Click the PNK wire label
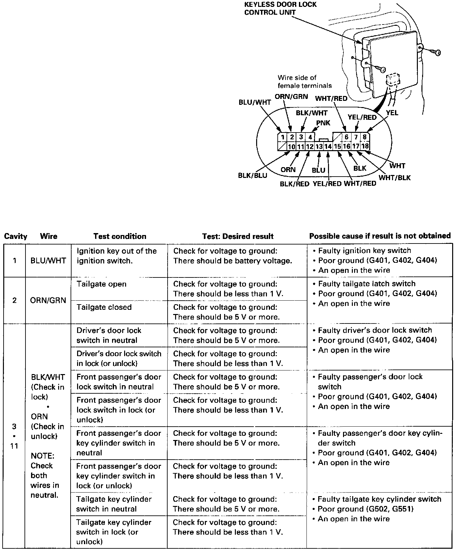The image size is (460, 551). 323,123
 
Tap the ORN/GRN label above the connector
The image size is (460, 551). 291,96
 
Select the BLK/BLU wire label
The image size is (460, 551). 253,175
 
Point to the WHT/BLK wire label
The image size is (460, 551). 394,178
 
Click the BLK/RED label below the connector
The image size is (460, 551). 294,184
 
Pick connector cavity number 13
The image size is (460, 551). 319,147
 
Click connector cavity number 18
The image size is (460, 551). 365,147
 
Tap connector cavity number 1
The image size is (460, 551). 283,137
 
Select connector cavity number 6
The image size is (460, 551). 346,137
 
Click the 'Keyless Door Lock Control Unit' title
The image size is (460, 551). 280,8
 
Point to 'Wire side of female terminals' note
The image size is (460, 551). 304,82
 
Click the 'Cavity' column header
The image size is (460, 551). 15,236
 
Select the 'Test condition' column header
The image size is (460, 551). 120,236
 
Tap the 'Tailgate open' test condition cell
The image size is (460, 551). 101,284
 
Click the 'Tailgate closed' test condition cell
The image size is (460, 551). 104,307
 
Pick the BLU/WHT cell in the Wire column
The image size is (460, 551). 48,261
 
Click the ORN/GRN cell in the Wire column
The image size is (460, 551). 48,300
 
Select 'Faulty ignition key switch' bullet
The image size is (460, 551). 364,251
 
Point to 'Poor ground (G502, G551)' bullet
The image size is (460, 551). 366,509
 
